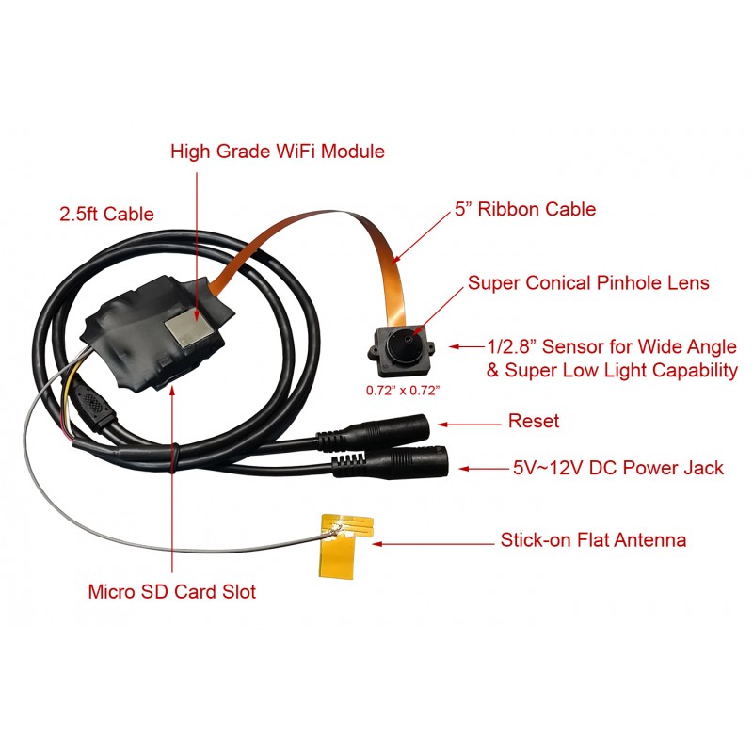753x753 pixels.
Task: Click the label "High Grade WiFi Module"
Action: [x=278, y=151]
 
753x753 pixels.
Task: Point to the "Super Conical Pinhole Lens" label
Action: [x=588, y=282]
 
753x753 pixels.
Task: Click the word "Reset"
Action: [x=533, y=421]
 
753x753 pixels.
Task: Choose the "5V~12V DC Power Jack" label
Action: [x=617, y=467]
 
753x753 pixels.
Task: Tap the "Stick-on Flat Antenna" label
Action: [x=593, y=540]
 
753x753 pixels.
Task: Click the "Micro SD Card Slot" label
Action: [x=171, y=592]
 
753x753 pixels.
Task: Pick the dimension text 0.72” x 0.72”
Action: [x=404, y=387]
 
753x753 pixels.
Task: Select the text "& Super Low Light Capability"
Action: [x=612, y=371]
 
